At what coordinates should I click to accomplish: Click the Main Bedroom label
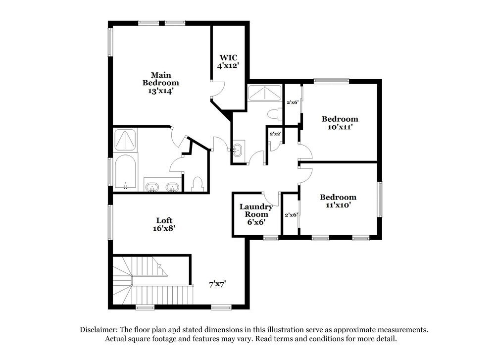161,83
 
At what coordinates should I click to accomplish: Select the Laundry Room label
256,214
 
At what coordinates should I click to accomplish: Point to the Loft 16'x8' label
164,224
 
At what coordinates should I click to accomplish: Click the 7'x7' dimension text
218,285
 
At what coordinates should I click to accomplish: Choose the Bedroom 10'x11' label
340,123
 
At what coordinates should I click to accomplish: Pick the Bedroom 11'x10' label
338,201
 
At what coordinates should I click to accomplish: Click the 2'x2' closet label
275,134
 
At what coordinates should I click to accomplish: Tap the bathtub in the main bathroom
125,171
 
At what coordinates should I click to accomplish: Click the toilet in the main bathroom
198,184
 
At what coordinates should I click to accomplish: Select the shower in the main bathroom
125,140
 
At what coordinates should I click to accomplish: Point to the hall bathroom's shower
265,93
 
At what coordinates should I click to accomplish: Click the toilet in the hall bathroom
273,114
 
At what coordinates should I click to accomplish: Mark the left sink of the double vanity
152,186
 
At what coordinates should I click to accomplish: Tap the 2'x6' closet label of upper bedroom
292,103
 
